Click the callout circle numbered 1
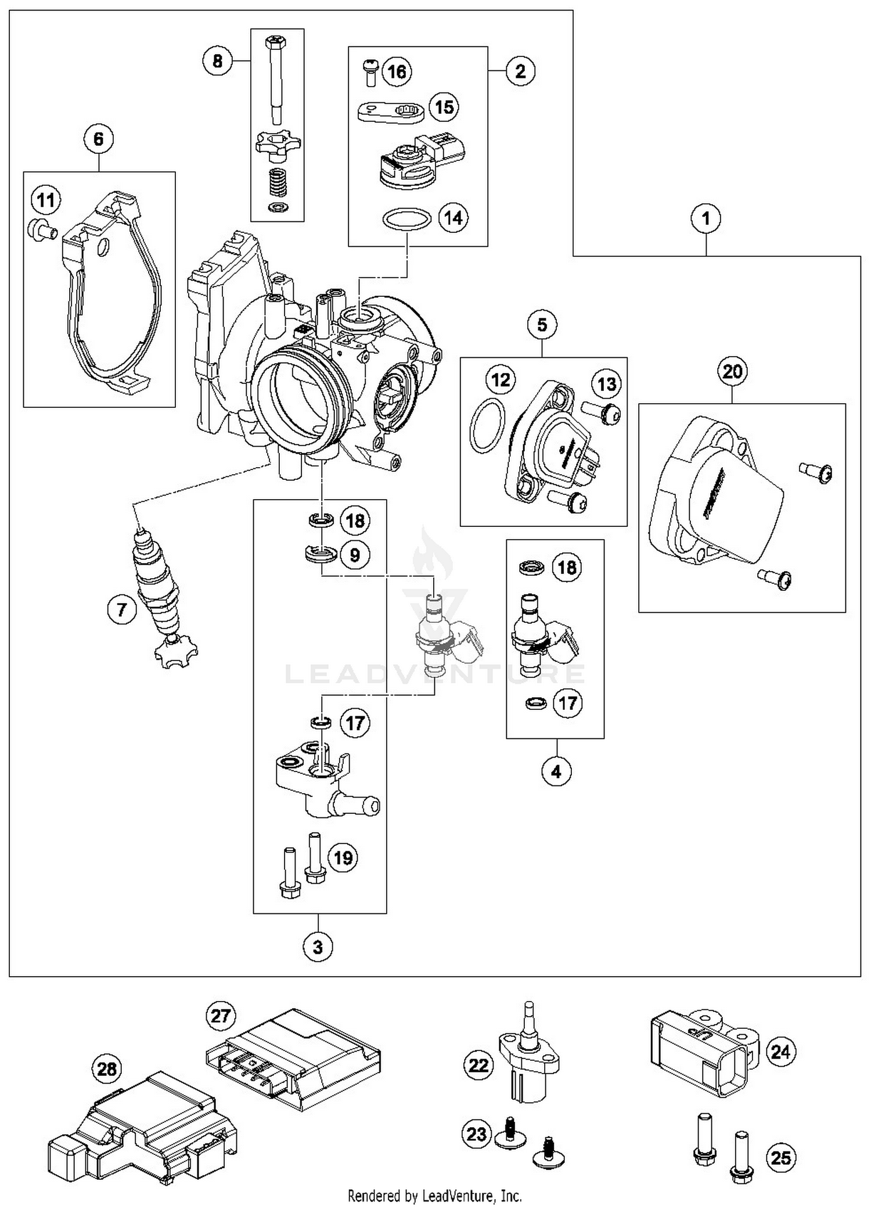click(x=706, y=219)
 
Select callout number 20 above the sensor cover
click(x=732, y=371)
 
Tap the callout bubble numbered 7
click(x=121, y=609)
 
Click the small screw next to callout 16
click(x=370, y=71)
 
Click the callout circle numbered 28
click(x=107, y=1069)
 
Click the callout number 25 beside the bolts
click(x=781, y=1157)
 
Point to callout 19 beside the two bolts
click(x=343, y=858)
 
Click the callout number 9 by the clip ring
click(x=354, y=555)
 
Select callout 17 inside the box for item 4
click(x=567, y=704)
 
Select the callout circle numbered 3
click(x=318, y=947)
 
